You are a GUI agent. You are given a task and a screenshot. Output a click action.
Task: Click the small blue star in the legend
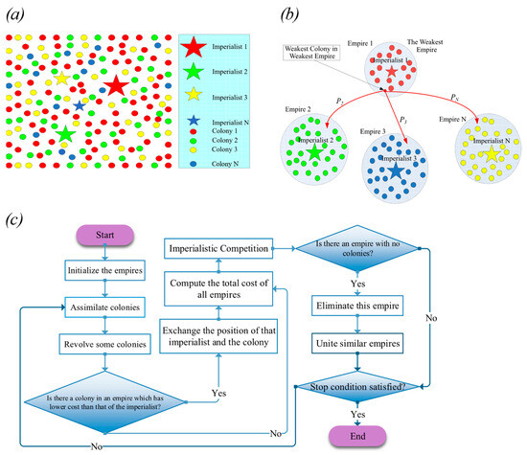195,121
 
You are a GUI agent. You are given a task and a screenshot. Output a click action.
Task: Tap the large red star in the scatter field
116,85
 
